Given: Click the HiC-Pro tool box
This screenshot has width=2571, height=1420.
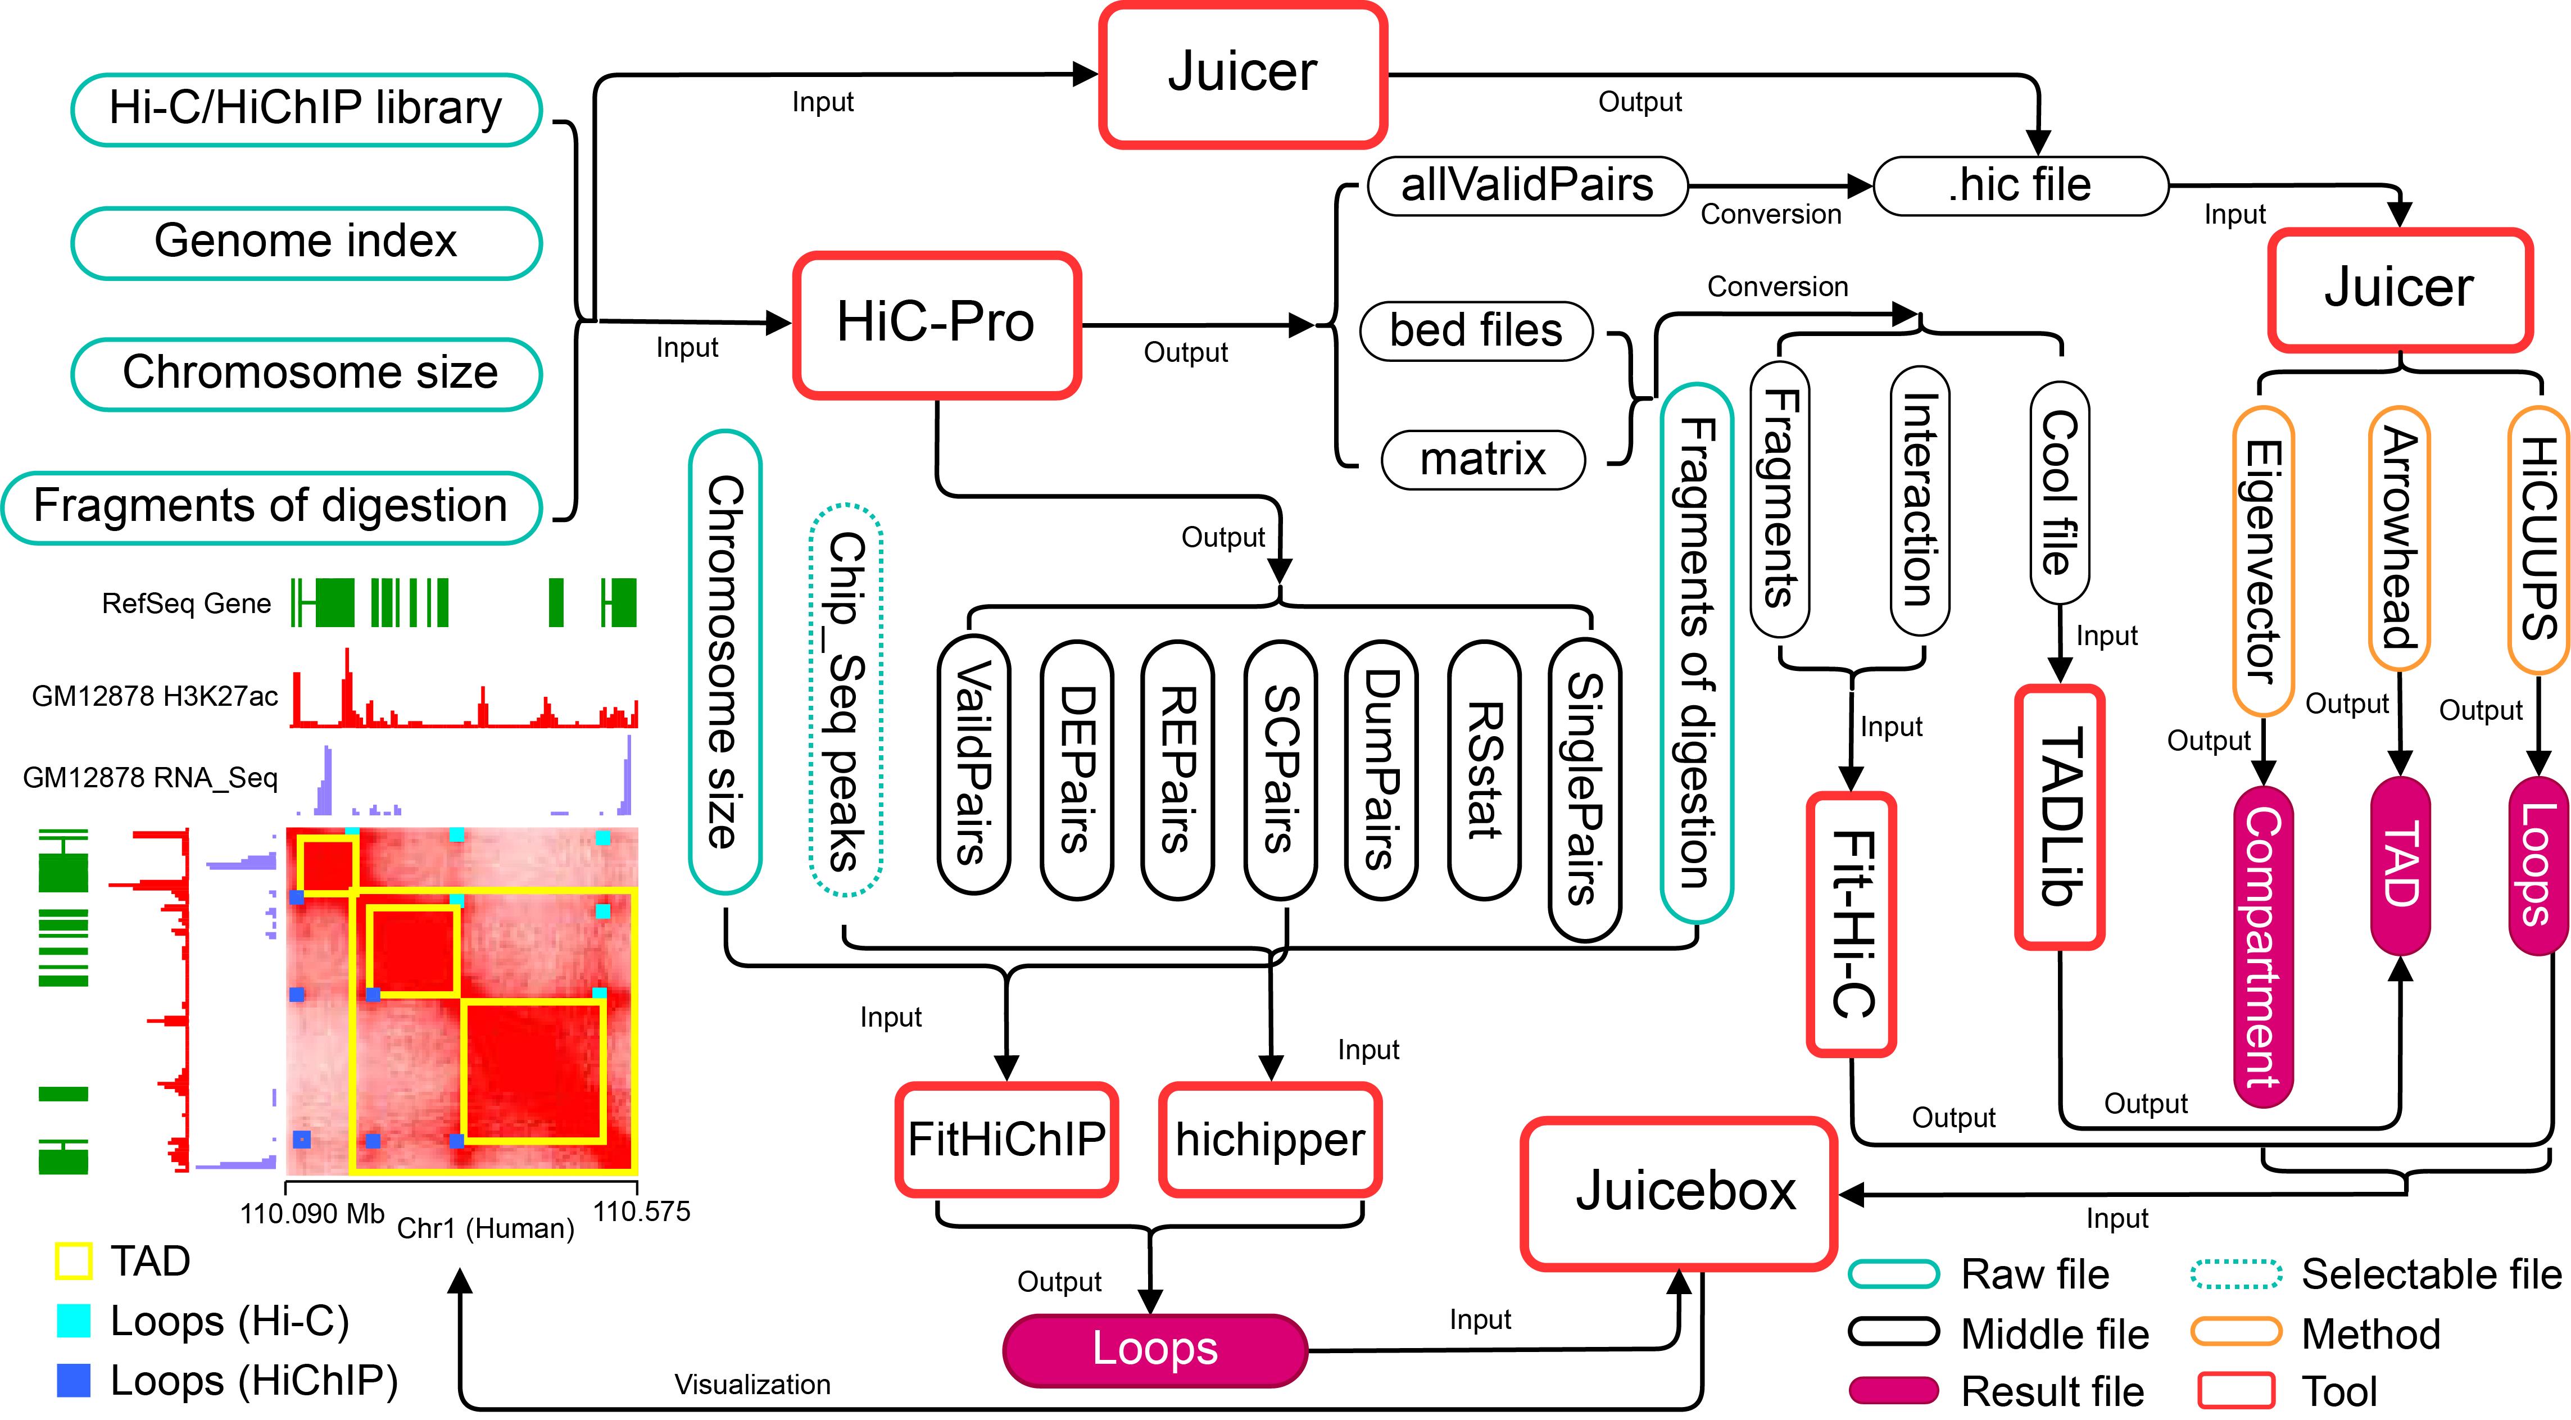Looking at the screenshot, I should [936, 324].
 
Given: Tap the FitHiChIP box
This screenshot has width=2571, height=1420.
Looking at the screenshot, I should [1006, 1138].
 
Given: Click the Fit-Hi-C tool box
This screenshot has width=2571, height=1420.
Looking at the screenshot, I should [1851, 923].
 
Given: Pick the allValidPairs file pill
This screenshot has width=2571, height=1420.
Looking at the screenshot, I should [1527, 185].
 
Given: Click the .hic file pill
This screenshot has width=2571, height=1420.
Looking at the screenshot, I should [2020, 185].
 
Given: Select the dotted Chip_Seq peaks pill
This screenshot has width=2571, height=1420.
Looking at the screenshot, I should [845, 701].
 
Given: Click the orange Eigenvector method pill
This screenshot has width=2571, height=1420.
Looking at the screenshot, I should [2262, 561].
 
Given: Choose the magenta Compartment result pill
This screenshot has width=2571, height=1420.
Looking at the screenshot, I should [2262, 946].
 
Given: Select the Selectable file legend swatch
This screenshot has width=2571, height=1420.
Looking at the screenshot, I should [2236, 1274].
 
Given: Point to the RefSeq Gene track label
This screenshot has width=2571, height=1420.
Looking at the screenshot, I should [187, 604].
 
